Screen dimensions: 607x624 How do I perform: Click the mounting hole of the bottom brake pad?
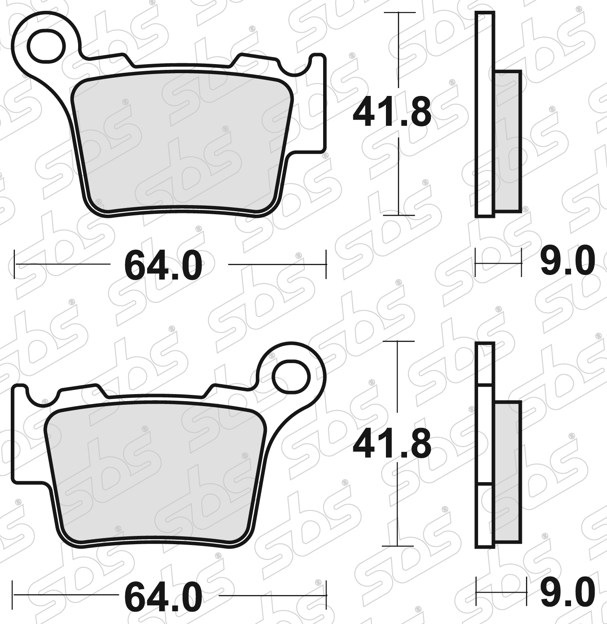pyautogui.click(x=291, y=377)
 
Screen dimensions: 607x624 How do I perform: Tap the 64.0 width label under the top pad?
pyautogui.click(x=164, y=266)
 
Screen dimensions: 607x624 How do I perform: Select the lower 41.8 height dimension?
pyautogui.click(x=392, y=444)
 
